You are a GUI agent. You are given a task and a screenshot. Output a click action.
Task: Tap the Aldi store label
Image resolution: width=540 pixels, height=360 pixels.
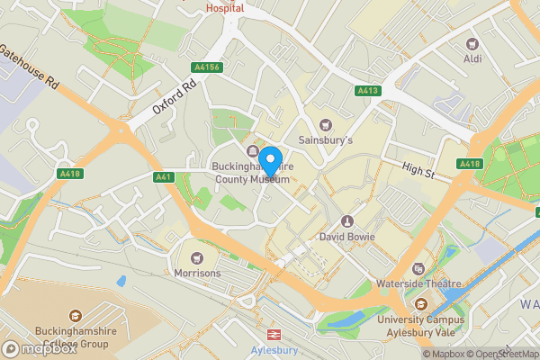click(x=472, y=58)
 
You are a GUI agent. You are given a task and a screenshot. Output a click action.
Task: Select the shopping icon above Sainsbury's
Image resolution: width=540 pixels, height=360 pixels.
click(x=326, y=125)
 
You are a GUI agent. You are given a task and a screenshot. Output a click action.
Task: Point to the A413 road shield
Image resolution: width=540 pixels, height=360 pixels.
click(x=367, y=91)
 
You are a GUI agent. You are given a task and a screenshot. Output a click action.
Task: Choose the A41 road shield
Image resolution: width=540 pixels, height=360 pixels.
click(x=163, y=177)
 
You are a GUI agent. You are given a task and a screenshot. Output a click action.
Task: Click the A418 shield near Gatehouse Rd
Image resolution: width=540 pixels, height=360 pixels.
click(x=68, y=173)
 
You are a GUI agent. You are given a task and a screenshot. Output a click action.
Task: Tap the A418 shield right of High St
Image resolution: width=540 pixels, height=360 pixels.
click(x=469, y=164)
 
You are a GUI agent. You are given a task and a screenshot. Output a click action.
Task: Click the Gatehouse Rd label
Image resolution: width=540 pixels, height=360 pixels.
click(x=30, y=67)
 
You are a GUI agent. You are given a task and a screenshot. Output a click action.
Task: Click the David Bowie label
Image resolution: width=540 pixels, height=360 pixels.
click(x=346, y=238)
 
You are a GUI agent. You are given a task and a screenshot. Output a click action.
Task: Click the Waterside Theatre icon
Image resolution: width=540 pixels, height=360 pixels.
click(x=418, y=269)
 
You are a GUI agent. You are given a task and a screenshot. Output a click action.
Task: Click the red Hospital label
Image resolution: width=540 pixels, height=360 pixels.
click(x=225, y=7)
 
